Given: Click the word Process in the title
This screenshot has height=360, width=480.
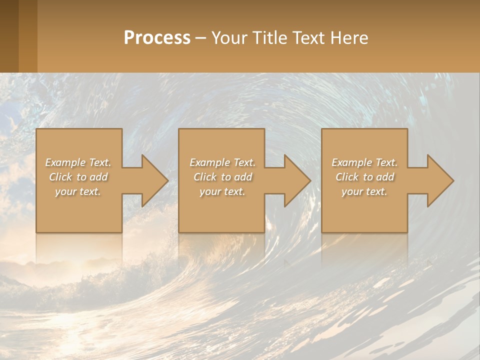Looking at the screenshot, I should (x=157, y=38).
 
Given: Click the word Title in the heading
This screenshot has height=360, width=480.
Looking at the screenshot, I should (x=270, y=38).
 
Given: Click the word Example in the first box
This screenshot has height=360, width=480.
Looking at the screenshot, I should (x=65, y=162).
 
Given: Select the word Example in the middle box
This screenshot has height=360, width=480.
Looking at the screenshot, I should (x=209, y=162).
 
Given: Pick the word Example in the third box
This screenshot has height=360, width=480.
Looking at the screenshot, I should (x=351, y=162).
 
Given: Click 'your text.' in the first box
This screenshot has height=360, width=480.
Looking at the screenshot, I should (x=78, y=191).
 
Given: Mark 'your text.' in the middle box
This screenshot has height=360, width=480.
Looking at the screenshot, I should (x=222, y=191).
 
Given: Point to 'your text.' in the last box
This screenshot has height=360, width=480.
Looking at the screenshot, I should (x=364, y=191).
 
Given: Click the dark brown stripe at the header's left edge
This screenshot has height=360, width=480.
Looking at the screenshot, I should (x=9, y=36).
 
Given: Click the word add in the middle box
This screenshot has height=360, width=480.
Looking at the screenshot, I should (x=243, y=177).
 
